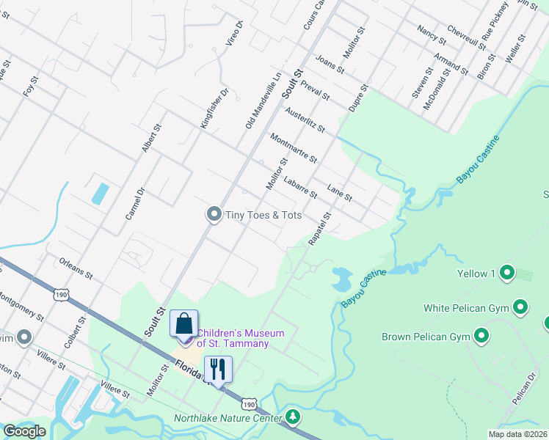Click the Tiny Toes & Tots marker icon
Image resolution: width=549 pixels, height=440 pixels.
click(x=214, y=214)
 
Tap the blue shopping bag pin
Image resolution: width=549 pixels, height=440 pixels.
click(x=183, y=323)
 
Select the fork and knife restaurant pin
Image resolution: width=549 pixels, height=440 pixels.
click(x=218, y=369)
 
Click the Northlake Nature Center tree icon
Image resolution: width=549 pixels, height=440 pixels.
click(x=294, y=418)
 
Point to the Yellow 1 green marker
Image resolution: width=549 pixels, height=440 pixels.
click(x=506, y=274)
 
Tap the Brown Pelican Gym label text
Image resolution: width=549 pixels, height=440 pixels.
click(x=425, y=337)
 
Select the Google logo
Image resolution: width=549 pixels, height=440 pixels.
click(x=25, y=430)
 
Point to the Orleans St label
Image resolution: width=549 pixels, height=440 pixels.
click(x=76, y=268)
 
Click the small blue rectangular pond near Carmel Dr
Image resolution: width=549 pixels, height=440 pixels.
click(x=100, y=194)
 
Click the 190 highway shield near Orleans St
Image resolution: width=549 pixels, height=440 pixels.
click(x=60, y=295)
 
